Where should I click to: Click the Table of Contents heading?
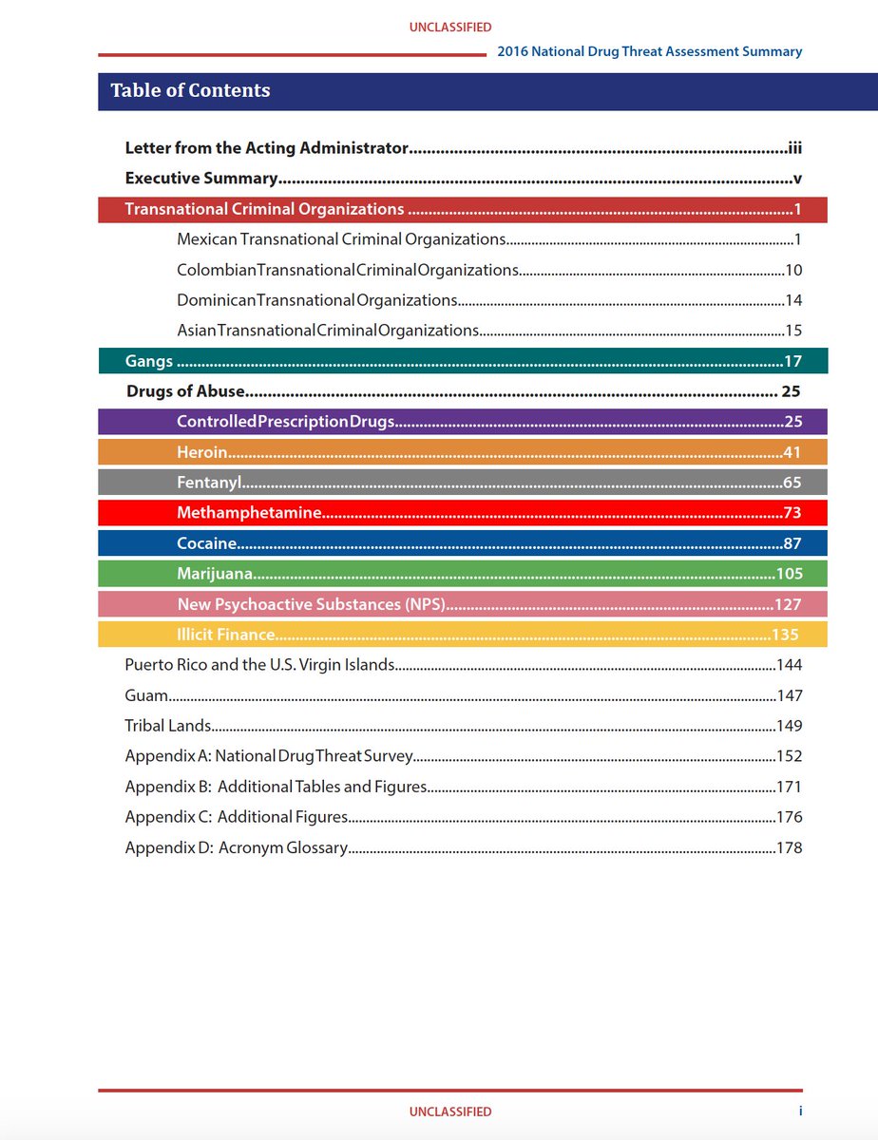pos(190,90)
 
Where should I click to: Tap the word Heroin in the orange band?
pos(202,451)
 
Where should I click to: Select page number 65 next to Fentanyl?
pos(792,483)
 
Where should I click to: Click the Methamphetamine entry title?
pos(249,513)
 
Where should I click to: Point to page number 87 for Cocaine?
pos(792,543)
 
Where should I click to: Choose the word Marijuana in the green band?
pos(215,574)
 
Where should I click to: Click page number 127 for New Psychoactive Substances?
pos(788,604)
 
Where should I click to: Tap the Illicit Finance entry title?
pos(226,635)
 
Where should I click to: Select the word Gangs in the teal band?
pos(149,361)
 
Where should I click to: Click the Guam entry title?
pos(146,695)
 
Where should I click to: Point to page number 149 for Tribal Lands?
pos(789,726)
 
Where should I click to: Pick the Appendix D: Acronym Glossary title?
pos(237,847)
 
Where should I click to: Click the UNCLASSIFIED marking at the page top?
pos(450,28)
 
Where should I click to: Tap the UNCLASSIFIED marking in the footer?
pos(450,1111)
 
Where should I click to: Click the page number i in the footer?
pos(800,1111)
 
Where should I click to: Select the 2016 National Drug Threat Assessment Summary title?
pos(650,51)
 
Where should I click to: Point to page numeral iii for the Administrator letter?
pos(795,148)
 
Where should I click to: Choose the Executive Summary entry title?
pos(200,179)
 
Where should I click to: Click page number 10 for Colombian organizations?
pos(793,270)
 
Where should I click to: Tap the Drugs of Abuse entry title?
pos(185,391)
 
